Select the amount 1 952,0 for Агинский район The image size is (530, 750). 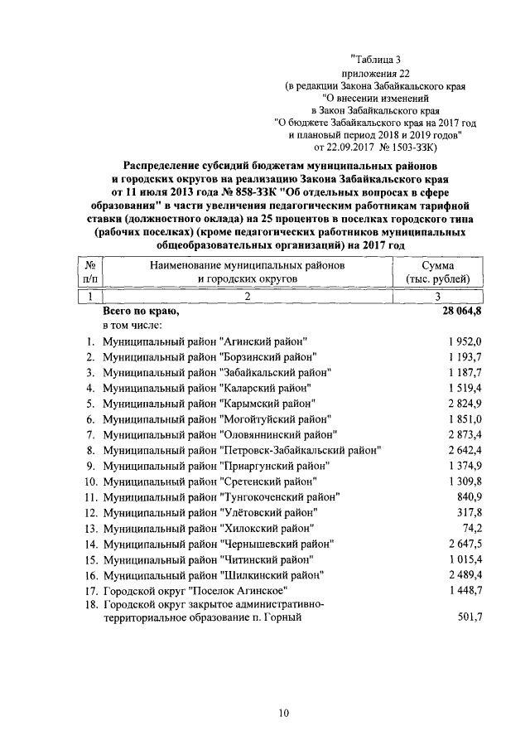454,341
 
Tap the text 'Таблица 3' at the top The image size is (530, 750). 378,59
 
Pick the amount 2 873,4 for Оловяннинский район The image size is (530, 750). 454,434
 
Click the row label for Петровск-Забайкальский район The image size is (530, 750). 240,450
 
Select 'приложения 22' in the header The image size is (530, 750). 380,73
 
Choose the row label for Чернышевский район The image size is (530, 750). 217,544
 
